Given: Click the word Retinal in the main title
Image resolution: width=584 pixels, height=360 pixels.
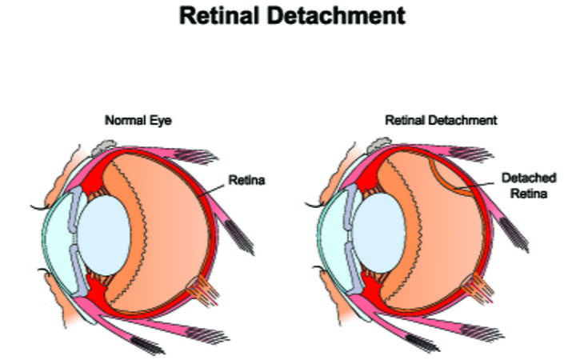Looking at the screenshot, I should click(226, 15).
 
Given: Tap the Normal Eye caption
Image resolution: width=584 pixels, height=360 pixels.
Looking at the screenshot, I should click(138, 120).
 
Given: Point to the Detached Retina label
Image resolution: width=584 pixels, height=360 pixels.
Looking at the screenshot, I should click(527, 185).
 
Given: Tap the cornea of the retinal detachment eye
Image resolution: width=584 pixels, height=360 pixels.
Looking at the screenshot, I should click(328, 240).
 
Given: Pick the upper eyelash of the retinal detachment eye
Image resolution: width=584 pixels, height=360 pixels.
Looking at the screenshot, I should click(313, 210).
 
